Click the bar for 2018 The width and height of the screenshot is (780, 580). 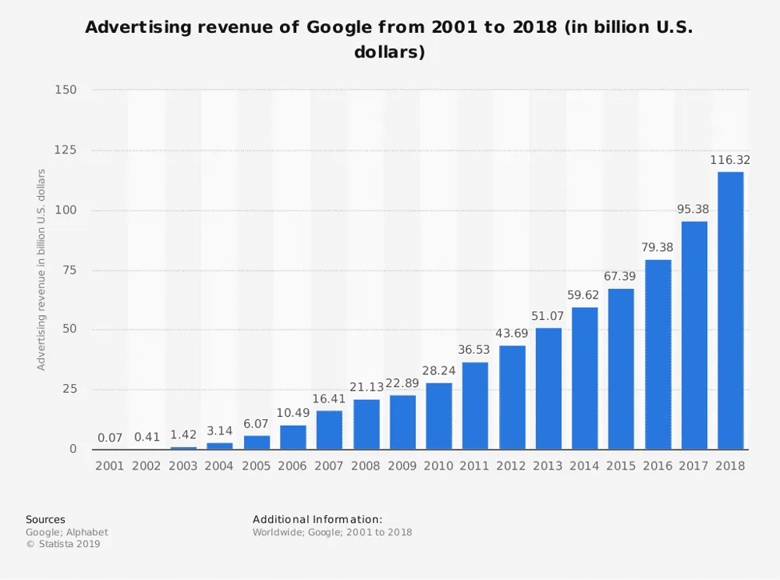730,310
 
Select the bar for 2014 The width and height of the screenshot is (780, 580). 585,378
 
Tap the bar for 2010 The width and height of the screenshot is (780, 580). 438,416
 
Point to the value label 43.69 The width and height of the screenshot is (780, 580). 512,334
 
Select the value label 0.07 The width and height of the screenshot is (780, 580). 110,438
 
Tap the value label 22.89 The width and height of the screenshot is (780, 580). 402,383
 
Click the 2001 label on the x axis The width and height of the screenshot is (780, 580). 110,466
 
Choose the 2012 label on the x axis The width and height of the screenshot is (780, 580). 512,466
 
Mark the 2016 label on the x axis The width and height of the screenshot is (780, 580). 658,466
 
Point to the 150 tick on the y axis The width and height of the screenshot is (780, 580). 66,90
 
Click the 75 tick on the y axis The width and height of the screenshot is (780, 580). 70,270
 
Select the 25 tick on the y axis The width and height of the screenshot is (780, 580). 70,390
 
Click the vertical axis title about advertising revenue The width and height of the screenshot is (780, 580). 41,270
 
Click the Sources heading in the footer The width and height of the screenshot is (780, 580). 46,519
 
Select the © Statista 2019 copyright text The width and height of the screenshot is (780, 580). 63,544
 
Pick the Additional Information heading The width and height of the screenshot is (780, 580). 318,519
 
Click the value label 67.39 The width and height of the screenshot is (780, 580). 622,276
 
